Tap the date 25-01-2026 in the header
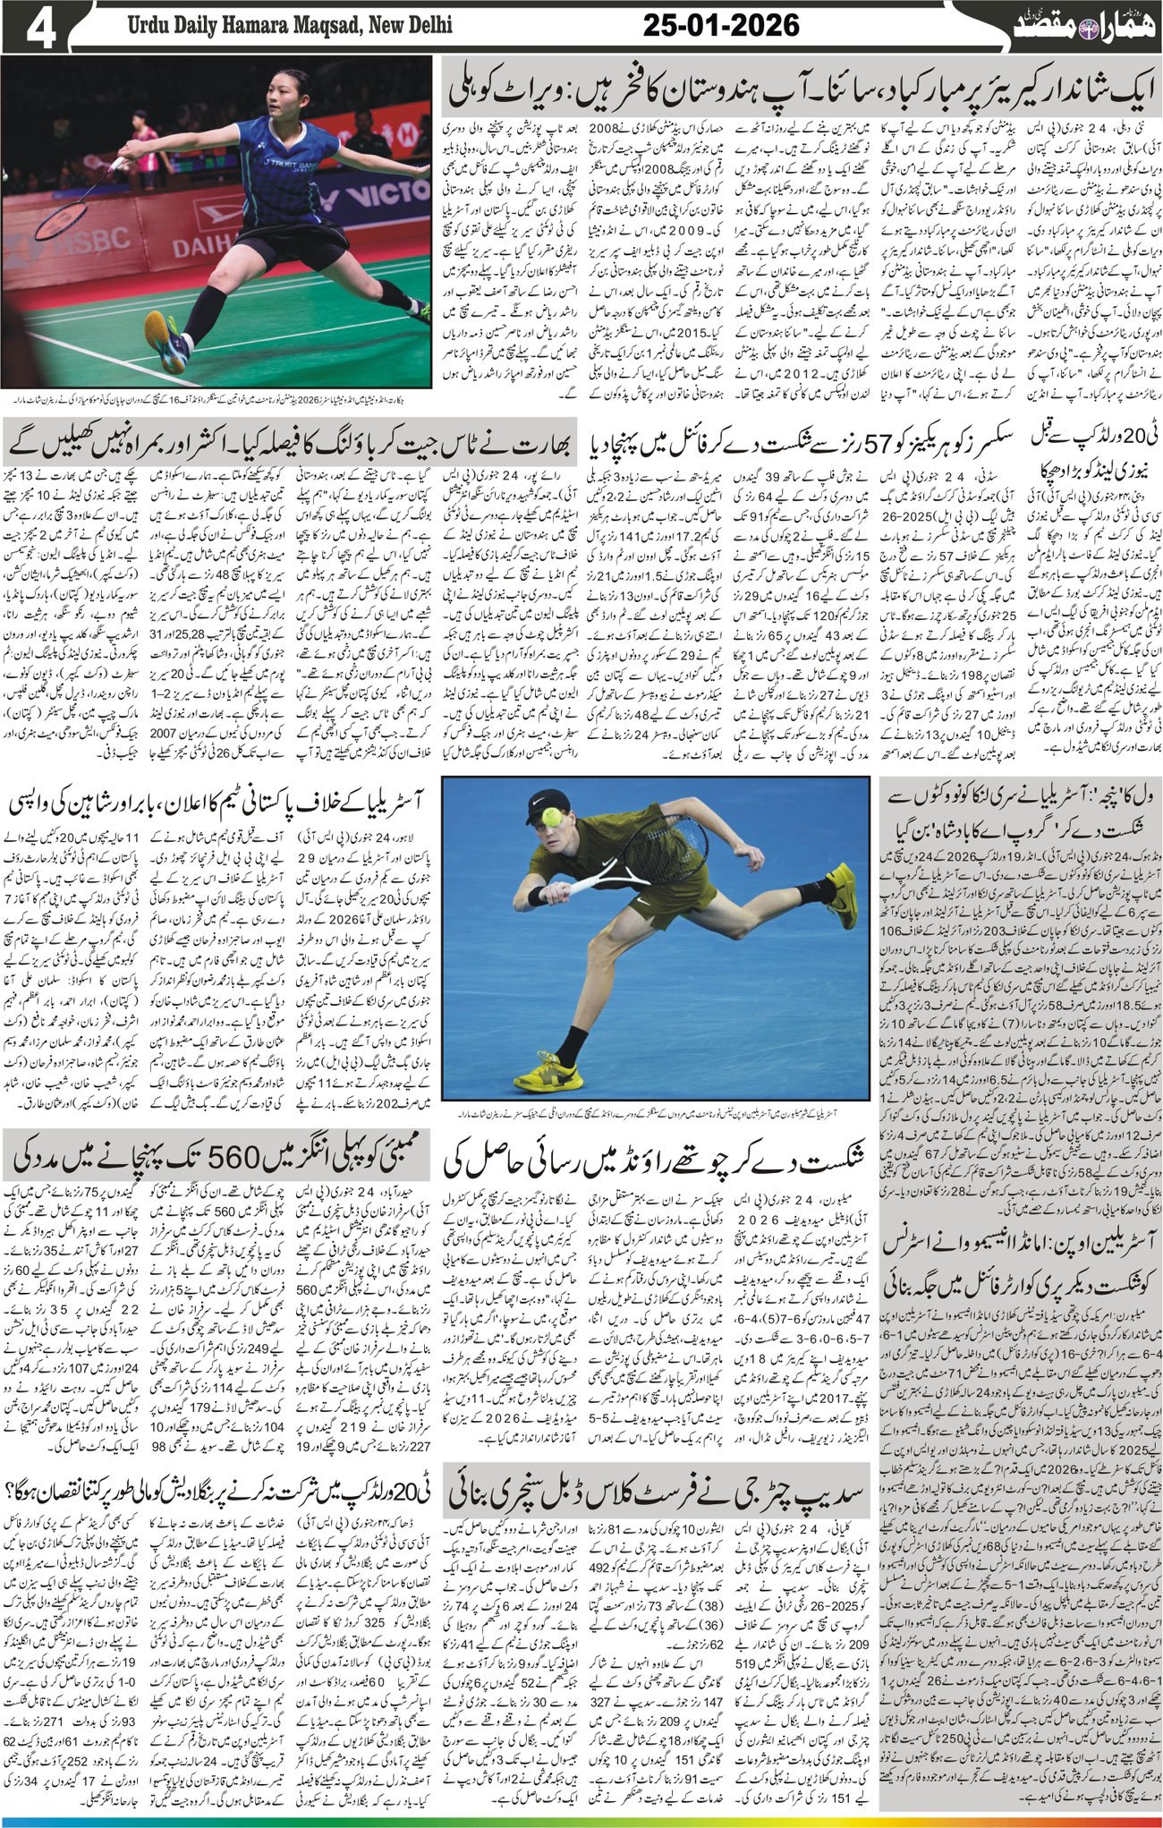pyautogui.click(x=721, y=27)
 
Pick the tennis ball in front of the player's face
pyautogui.click(x=551, y=816)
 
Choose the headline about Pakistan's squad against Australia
pyautogui.click(x=224, y=801)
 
